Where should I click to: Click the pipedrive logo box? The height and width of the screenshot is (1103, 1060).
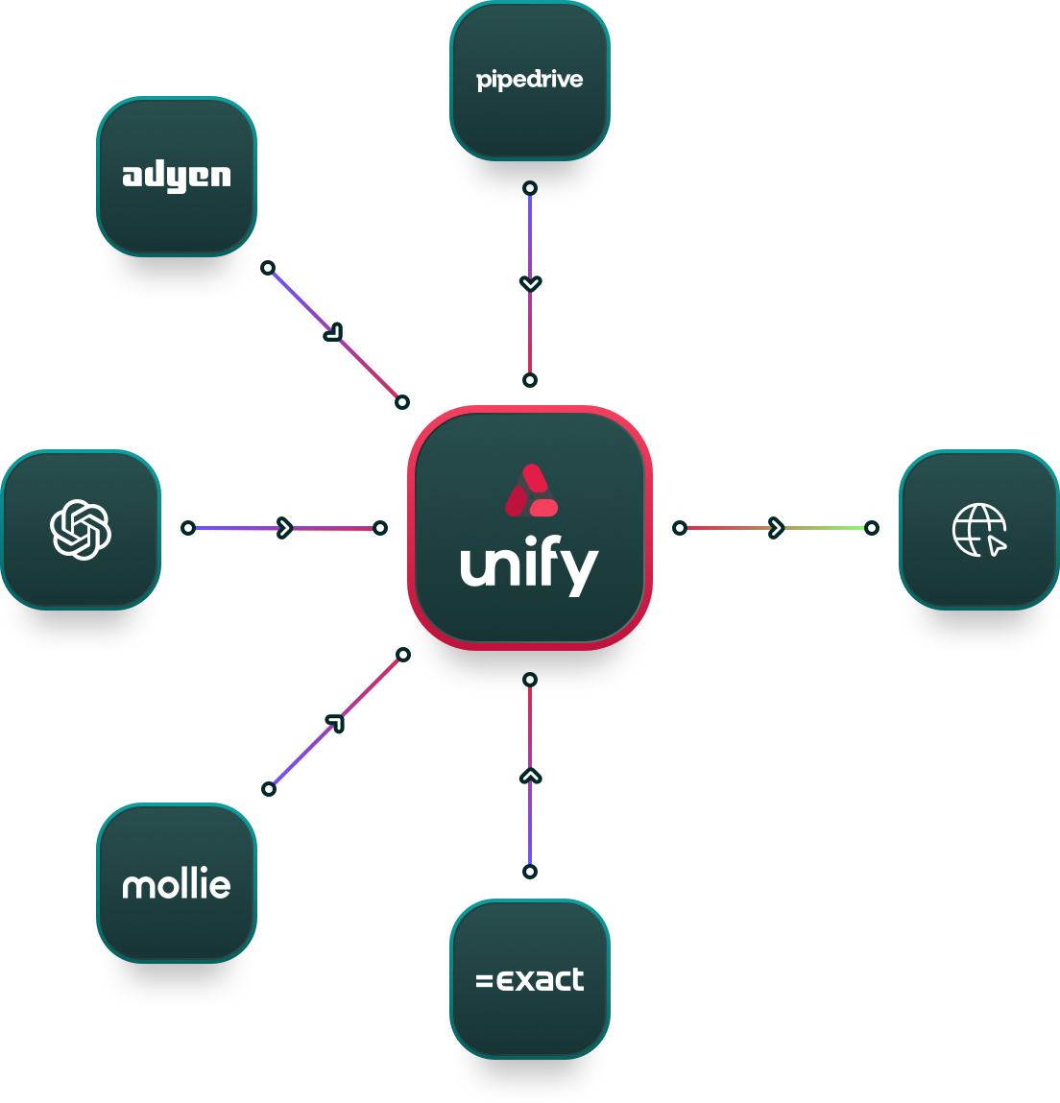pyautogui.click(x=530, y=81)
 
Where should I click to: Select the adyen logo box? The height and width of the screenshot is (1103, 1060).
pyautogui.click(x=177, y=177)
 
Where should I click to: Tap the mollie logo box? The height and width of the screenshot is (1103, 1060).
pyautogui.click(x=177, y=883)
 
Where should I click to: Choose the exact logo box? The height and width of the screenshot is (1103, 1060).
pyautogui.click(x=530, y=979)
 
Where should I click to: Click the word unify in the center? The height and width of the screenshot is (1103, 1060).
pyautogui.click(x=529, y=567)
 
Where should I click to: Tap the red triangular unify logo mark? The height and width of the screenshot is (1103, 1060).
pyautogui.click(x=531, y=491)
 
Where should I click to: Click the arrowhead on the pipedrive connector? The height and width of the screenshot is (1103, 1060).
pyautogui.click(x=530, y=283)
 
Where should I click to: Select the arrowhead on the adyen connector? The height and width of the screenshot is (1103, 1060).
pyautogui.click(x=333, y=332)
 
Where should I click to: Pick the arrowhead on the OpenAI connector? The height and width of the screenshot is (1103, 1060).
pyautogui.click(x=284, y=528)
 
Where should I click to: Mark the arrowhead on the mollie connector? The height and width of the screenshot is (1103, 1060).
pyautogui.click(x=334, y=723)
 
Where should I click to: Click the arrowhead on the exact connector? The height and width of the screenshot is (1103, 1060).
pyautogui.click(x=530, y=776)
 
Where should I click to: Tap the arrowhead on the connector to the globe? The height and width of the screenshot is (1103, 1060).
pyautogui.click(x=776, y=528)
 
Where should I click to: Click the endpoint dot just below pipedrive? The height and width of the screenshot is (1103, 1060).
pyautogui.click(x=530, y=188)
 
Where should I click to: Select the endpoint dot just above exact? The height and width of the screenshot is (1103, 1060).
pyautogui.click(x=530, y=872)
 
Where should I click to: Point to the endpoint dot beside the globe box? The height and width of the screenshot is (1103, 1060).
pyautogui.click(x=872, y=528)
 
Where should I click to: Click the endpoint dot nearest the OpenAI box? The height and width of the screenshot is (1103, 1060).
pyautogui.click(x=188, y=528)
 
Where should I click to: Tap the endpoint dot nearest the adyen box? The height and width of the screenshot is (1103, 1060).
pyautogui.click(x=268, y=268)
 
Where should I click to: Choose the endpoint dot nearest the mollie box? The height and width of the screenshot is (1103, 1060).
pyautogui.click(x=269, y=789)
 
